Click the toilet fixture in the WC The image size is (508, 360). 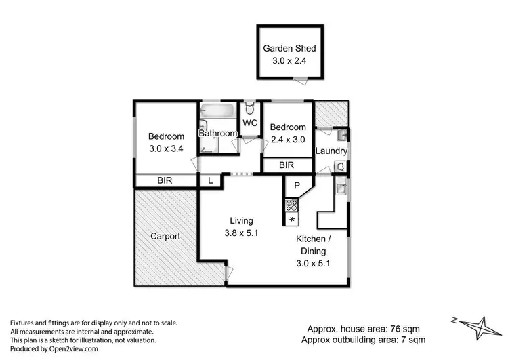point(251,107)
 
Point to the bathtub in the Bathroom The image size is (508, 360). point(217,110)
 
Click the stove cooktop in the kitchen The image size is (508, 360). point(292,205)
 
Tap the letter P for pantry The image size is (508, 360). point(297,185)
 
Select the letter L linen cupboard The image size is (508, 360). point(210,180)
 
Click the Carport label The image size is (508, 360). point(165,237)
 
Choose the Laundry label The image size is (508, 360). point(332,151)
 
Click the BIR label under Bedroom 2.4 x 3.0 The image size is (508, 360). point(287,165)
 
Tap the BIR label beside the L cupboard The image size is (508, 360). point(164,180)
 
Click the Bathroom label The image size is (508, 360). point(218,134)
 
